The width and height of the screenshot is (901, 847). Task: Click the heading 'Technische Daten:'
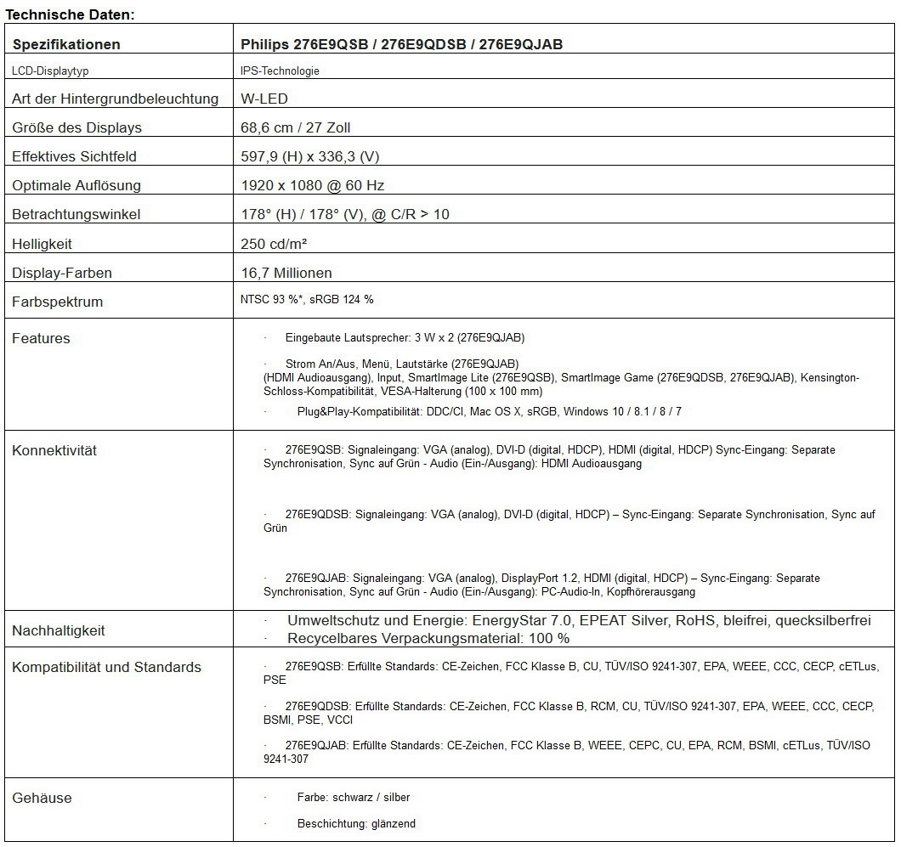tap(71, 14)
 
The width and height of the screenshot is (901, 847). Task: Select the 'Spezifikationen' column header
tap(66, 44)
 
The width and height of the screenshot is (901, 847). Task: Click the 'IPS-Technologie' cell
tap(280, 71)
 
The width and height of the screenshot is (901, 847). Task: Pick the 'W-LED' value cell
tap(264, 99)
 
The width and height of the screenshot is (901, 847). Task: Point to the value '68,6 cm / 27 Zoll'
tap(296, 127)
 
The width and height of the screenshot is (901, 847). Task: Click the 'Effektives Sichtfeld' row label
tap(74, 156)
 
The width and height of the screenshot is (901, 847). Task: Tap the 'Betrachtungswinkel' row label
tap(76, 214)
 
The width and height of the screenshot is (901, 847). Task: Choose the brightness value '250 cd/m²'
tap(275, 244)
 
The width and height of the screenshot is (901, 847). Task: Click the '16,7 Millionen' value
tap(286, 273)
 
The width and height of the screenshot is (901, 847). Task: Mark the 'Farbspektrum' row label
tap(57, 302)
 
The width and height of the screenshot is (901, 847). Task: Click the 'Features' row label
tap(41, 338)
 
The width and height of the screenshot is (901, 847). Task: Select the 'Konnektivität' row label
tap(54, 450)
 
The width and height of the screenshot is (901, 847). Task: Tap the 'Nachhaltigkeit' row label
tap(59, 630)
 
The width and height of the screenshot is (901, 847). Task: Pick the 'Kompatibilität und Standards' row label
tap(106, 667)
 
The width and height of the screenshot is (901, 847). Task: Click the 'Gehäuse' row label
tap(42, 798)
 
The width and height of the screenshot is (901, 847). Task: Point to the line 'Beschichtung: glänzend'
tap(356, 823)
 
